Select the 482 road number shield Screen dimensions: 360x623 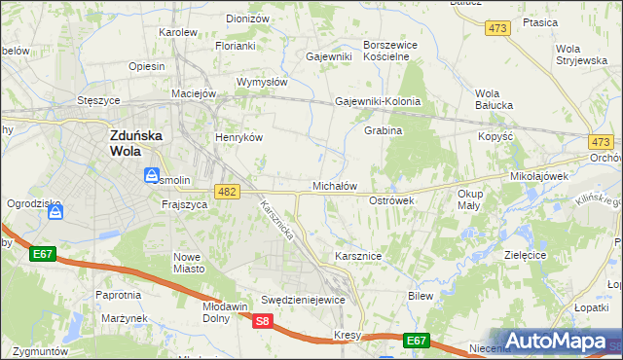(x=227, y=193)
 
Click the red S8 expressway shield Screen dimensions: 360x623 (x=262, y=320)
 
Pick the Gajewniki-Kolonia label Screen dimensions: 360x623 (x=378, y=101)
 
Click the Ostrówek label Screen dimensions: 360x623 (x=392, y=199)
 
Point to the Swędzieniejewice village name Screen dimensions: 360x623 (x=304, y=300)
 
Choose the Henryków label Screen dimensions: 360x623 (x=240, y=138)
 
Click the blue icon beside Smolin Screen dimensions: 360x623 (x=150, y=177)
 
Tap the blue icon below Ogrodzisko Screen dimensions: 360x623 (x=56, y=212)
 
